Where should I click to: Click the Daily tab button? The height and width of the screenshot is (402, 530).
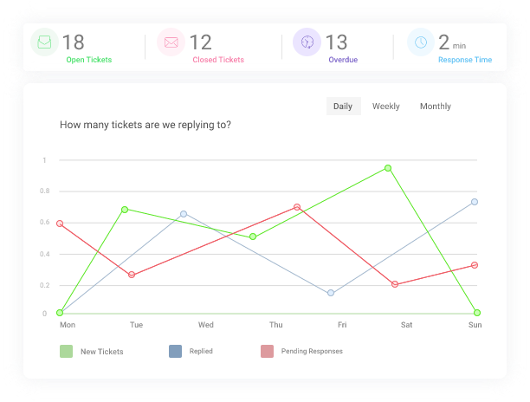343,107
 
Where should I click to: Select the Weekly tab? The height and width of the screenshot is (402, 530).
386,107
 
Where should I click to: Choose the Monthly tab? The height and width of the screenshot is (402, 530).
436,107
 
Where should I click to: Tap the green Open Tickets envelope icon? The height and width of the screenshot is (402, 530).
44,42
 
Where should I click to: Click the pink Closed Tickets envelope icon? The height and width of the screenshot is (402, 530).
171,42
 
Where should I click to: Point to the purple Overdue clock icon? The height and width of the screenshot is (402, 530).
307,42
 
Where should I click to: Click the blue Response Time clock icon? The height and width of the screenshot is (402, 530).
420,42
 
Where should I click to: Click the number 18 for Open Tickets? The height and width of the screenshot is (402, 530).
74,42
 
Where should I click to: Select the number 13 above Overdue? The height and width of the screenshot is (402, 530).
336,42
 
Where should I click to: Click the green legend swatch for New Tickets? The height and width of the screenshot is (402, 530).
66,351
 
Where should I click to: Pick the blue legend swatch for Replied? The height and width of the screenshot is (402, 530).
175,351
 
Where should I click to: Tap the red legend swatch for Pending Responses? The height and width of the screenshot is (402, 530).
267,351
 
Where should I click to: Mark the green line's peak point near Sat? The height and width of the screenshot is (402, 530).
388,168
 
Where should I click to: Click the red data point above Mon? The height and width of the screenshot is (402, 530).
60,224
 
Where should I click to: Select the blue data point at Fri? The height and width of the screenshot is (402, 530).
331,293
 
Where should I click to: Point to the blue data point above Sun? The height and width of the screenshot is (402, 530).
475,202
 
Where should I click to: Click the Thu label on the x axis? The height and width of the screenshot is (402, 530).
275,325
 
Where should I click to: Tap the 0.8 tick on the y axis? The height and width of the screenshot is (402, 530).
44,191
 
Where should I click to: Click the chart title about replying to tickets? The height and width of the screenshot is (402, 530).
145,125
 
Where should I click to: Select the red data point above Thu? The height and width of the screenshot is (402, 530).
296,207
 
